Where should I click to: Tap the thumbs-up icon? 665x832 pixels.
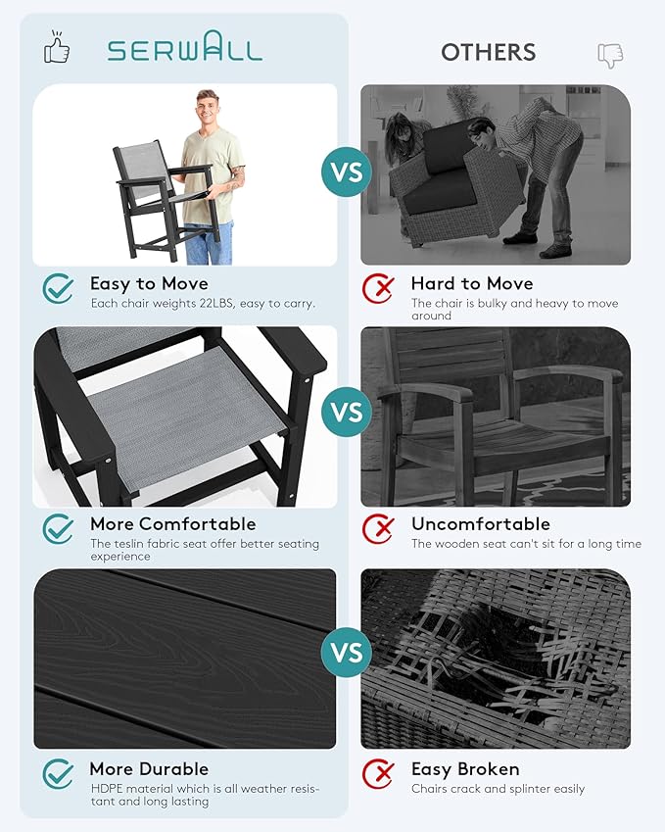pos(57,47)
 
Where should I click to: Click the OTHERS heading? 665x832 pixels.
pos(489,52)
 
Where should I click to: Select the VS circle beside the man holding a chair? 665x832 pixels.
pos(347,171)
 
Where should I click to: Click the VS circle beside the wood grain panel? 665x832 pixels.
pos(347,652)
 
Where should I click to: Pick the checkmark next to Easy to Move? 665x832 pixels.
pos(59,288)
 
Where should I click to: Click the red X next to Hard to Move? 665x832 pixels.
pos(379,288)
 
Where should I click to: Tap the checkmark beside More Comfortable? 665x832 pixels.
pos(59,528)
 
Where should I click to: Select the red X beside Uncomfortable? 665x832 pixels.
pos(379,528)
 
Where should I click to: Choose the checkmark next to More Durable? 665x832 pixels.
pos(59,773)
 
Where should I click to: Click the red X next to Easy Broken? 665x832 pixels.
pos(379,773)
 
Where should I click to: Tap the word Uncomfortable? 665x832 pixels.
pos(481,523)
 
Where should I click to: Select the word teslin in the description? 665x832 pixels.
pos(127,543)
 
